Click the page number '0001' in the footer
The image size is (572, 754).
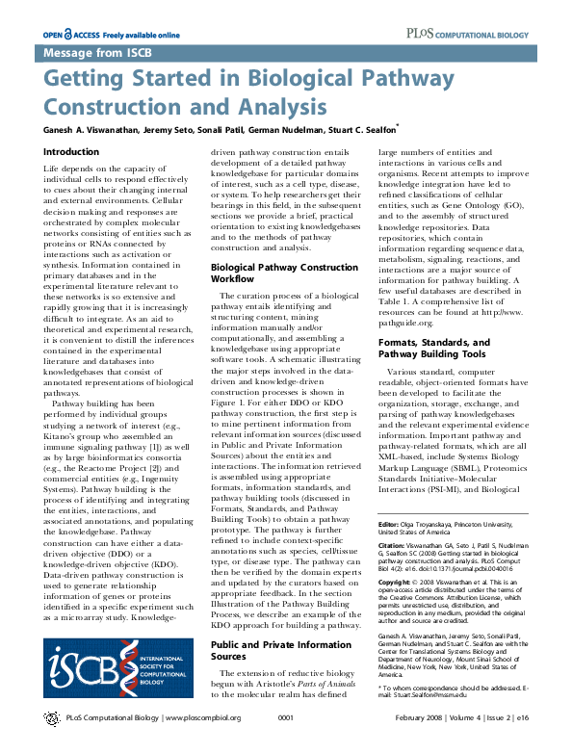tap(285, 745)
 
